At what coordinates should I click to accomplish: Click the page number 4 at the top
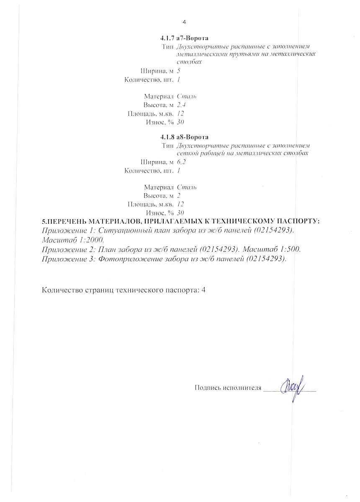coord(184,22)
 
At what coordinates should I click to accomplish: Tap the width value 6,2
coord(181,162)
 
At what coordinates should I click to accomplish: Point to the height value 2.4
coord(181,105)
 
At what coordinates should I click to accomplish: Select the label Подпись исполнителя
coord(228,388)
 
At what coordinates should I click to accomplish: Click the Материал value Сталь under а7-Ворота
coord(187,96)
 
